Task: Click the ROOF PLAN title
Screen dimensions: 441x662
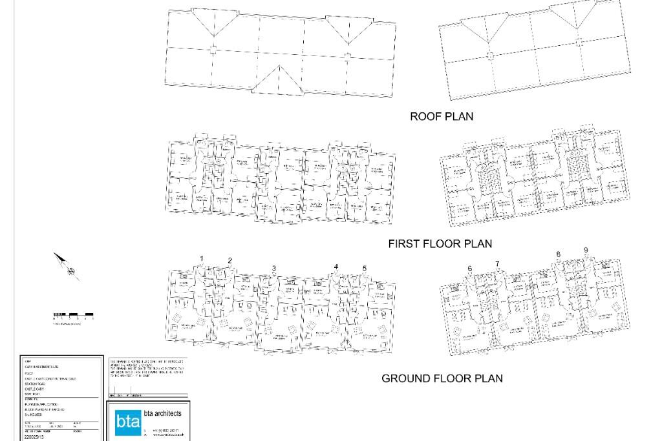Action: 442,116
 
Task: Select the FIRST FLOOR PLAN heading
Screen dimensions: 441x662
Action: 440,243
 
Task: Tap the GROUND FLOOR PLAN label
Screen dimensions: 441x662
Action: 442,378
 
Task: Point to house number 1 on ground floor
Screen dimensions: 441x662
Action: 202,259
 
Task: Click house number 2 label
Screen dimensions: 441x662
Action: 230,261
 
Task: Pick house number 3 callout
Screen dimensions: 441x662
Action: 274,269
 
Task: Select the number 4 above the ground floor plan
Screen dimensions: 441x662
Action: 336,267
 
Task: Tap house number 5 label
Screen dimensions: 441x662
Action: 365,269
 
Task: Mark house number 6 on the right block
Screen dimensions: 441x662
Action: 470,269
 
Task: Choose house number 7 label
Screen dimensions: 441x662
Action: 497,263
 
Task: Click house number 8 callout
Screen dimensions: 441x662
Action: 559,254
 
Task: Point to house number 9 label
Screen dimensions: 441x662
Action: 586,251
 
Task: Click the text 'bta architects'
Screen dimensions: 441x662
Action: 162,413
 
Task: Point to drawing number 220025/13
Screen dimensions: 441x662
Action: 34,437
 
